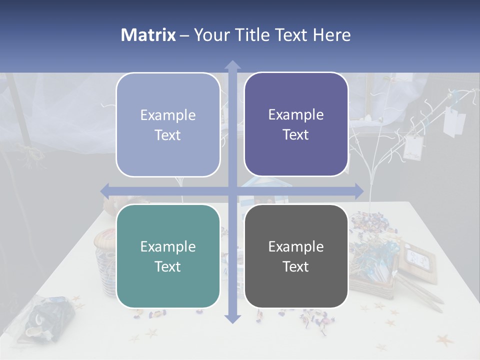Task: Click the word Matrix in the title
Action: coord(148,35)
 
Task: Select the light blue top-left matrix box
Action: coord(168,124)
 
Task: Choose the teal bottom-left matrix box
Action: coord(168,256)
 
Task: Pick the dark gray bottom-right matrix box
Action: coord(296,256)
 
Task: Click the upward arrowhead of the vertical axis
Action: coord(232,65)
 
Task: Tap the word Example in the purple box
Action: coord(296,114)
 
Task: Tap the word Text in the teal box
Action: coord(168,266)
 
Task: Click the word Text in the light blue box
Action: coord(168,135)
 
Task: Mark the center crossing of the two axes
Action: coord(232,190)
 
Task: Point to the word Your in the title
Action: coord(210,35)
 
